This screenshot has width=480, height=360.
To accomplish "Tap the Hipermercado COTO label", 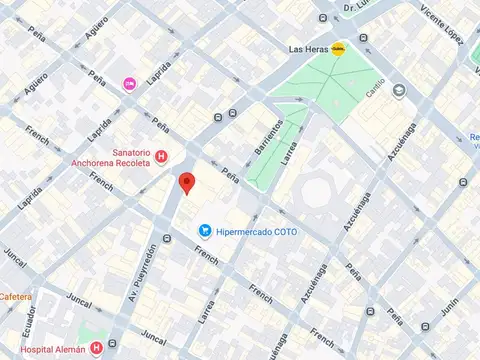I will point(255,231).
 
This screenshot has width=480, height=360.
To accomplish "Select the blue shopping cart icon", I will point(205,231).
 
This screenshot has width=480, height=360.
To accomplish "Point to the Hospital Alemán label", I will point(42,349).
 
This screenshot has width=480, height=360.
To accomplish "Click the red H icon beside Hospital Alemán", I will point(95,349).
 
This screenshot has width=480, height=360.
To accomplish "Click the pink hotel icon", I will point(129,83).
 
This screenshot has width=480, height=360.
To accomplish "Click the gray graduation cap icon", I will point(400,92).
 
